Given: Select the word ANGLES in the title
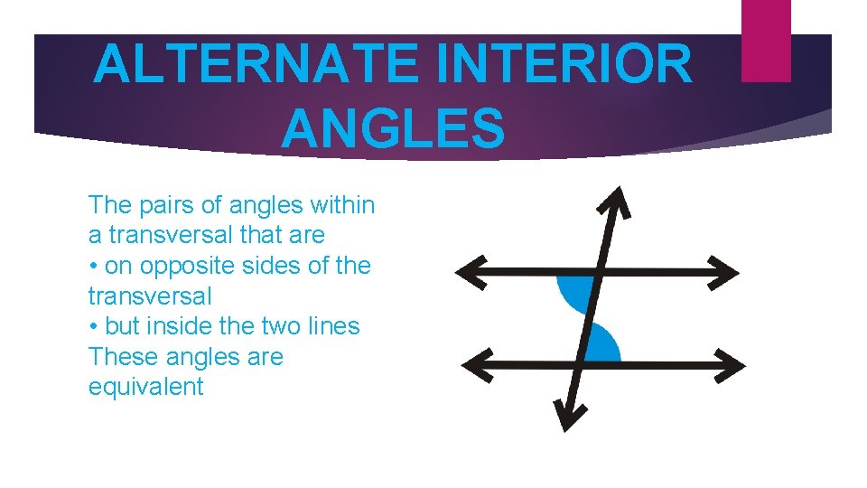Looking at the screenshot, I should (392, 127).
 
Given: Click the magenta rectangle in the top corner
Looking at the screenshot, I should (766, 40).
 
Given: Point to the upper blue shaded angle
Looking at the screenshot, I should (574, 294).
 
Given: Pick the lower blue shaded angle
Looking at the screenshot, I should (602, 344).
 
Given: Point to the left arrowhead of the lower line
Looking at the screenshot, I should (475, 364).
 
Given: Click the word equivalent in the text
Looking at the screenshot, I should (145, 388).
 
